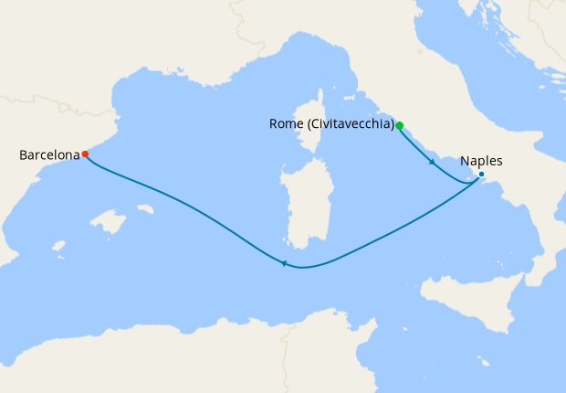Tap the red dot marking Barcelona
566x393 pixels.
pyautogui.click(x=85, y=154)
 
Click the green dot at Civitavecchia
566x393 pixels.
pyautogui.click(x=399, y=125)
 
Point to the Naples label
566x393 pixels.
pyautogui.click(x=481, y=161)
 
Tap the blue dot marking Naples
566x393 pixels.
pyautogui.click(x=481, y=175)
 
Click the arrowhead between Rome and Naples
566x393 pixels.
pyautogui.click(x=432, y=163)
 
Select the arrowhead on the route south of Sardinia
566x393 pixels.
pyautogui.click(x=284, y=265)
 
